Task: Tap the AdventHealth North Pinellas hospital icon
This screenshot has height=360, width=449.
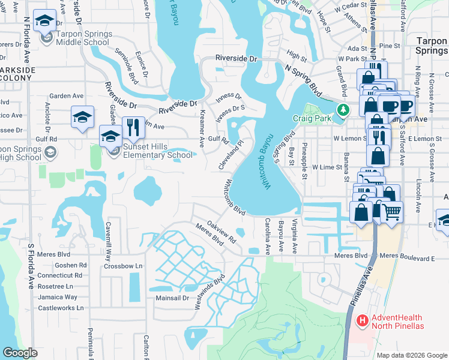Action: point(362,321)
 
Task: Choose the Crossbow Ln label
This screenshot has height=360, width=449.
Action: point(123,266)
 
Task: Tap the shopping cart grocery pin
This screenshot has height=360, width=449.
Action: point(391,211)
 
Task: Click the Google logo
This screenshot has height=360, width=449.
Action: point(20,353)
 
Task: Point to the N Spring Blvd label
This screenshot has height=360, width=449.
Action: point(304,77)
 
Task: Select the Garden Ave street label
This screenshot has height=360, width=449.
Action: point(66,96)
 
